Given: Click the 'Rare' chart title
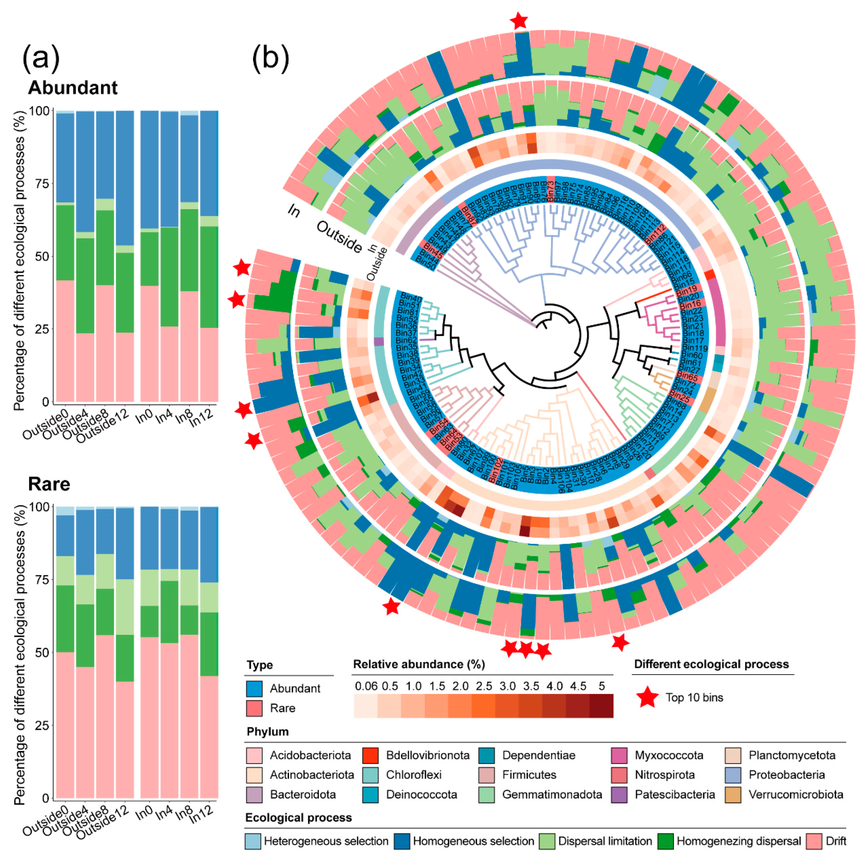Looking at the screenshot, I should (49, 484).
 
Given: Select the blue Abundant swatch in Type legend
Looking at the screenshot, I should (254, 688).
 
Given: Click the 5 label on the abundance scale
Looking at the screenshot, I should (601, 686).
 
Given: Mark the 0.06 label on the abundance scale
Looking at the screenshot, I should (366, 686).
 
